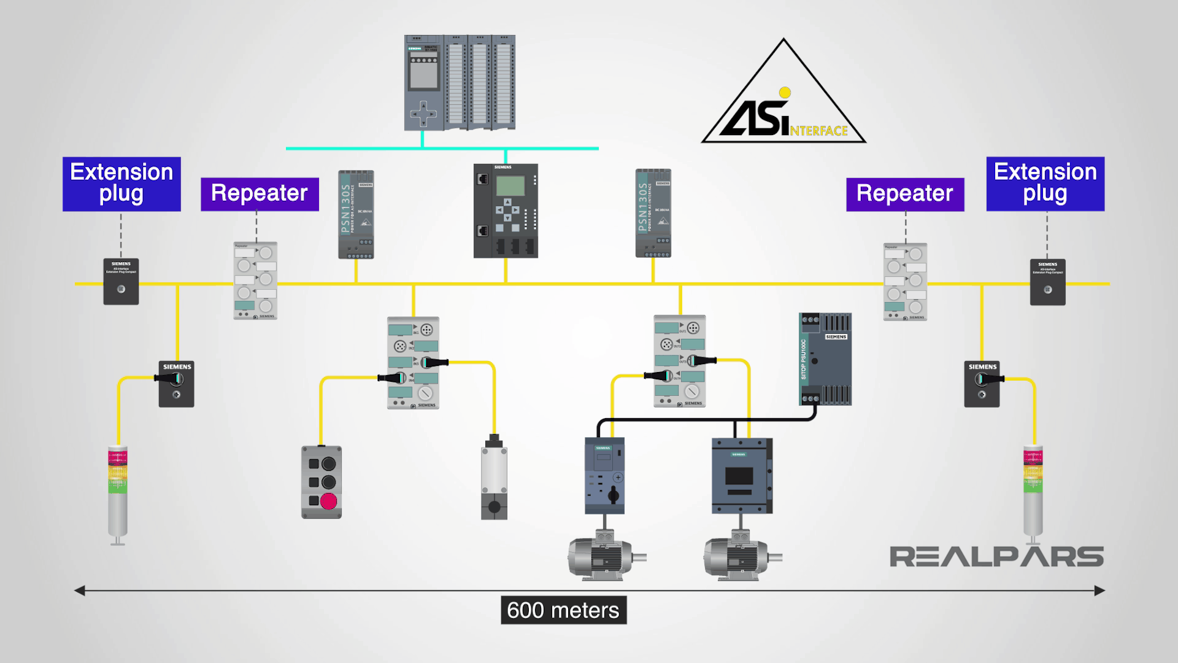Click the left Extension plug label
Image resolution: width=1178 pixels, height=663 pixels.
121,184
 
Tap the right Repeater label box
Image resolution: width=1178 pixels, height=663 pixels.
905,195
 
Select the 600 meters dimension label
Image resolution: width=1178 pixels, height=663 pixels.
563,610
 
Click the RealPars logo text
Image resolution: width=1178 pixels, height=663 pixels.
996,557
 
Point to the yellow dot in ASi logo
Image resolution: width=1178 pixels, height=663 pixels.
784,93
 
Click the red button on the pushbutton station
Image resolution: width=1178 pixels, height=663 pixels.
329,501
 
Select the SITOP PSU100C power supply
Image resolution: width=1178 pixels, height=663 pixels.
825,359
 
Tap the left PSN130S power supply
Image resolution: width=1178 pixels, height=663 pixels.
356,214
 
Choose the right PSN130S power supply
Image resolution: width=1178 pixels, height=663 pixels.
653,213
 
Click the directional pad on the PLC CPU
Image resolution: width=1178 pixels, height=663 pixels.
423,113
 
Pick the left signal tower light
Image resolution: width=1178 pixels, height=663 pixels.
117,494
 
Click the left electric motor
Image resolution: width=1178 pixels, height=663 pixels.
604,556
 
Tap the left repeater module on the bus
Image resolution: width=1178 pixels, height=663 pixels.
255,281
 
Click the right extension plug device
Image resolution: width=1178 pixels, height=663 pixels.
1047,282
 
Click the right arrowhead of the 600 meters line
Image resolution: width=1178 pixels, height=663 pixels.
1101,591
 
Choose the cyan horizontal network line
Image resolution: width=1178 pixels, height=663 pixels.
442,148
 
